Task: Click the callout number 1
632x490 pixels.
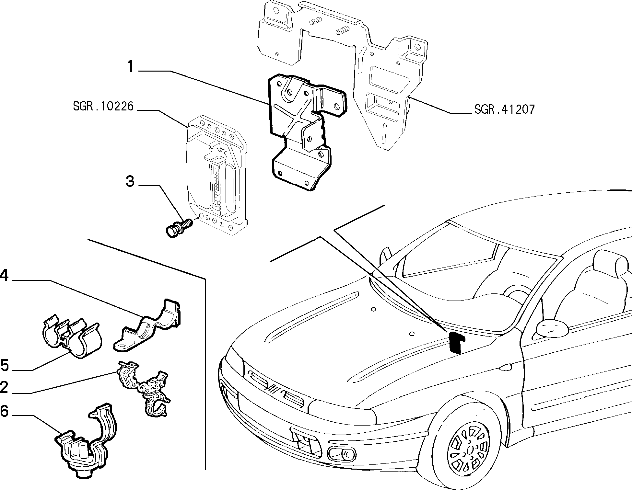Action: coord(130,67)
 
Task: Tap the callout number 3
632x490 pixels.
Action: coord(130,181)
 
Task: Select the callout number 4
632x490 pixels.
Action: coord(4,276)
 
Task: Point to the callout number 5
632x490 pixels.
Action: coord(5,365)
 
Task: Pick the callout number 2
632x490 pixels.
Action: coord(4,388)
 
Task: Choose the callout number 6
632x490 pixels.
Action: coord(4,411)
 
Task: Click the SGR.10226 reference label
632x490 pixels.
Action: coord(103,106)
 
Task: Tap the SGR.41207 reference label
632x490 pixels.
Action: coord(504,109)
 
